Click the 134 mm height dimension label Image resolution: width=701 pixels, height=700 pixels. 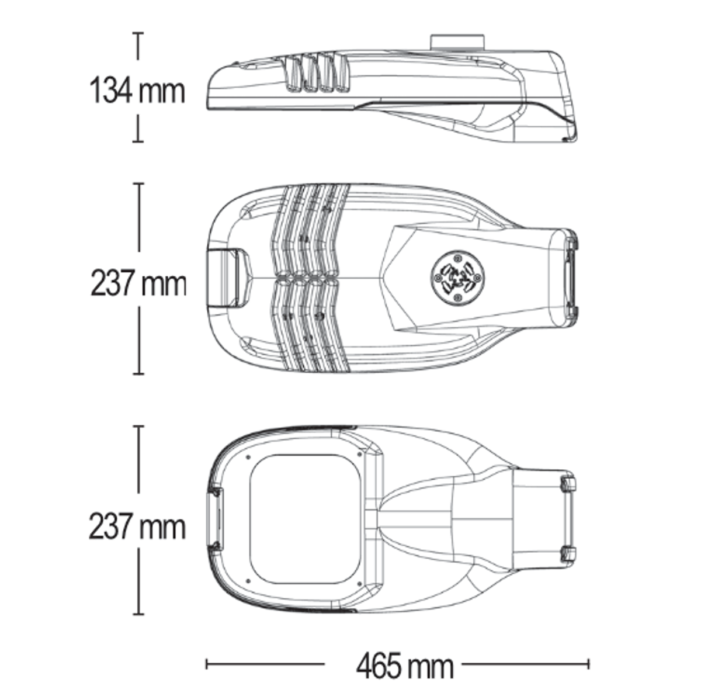137,91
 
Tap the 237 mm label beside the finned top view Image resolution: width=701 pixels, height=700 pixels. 138,283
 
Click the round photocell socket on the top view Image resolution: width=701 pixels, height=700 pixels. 457,278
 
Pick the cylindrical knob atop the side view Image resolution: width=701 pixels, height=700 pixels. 457,42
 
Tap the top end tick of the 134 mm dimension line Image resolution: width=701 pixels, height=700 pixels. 137,33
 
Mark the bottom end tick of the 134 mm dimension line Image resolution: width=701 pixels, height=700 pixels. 137,141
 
